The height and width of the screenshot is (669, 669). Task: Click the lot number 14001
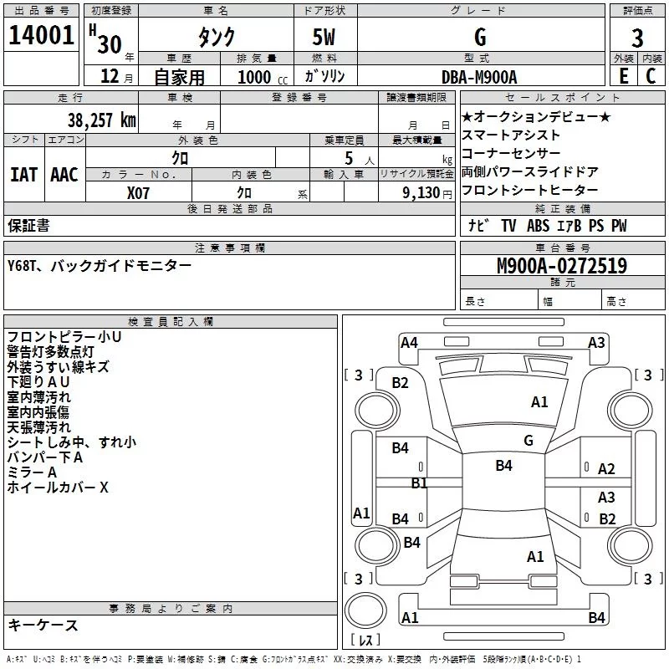[41, 38]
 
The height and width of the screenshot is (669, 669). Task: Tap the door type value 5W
[326, 38]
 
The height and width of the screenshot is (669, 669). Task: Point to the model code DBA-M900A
[479, 76]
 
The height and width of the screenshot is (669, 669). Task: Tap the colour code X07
[140, 192]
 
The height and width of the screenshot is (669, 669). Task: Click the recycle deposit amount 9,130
[426, 192]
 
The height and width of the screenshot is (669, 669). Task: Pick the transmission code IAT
[23, 174]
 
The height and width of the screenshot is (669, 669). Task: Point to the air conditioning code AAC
[64, 174]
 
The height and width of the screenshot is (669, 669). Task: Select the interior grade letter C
[651, 76]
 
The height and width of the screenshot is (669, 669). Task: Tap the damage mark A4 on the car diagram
[409, 342]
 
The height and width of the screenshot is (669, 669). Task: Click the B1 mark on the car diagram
[419, 483]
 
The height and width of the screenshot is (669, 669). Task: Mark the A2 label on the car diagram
[606, 469]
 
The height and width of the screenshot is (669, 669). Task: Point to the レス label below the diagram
[365, 641]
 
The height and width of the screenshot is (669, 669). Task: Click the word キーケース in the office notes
[43, 625]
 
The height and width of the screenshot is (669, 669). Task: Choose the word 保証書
[28, 225]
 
